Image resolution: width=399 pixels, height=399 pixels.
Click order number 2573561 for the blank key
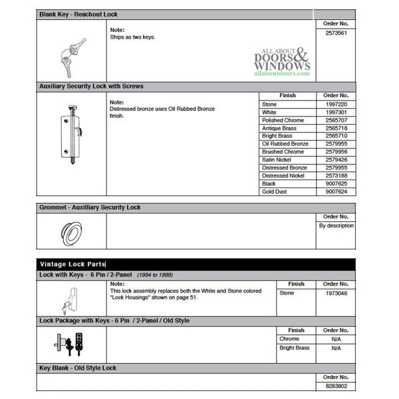click(336, 32)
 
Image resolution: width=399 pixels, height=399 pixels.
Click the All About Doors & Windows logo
click(282, 63)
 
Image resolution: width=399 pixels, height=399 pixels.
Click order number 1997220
click(336, 104)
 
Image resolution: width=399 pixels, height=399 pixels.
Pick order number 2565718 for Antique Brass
click(336, 128)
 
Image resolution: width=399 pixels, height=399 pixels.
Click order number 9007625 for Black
click(336, 184)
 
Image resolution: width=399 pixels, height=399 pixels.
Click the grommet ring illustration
click(70, 231)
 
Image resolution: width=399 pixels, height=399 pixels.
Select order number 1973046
click(336, 293)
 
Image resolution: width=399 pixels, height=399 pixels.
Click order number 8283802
click(336, 386)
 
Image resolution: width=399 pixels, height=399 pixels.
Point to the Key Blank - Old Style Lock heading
click(78, 368)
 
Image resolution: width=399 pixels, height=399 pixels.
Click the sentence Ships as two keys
click(132, 37)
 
